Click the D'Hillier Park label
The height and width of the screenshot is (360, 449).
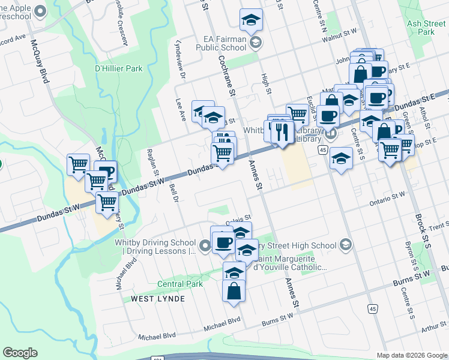(x=119, y=68)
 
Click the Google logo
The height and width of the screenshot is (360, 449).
(x=20, y=353)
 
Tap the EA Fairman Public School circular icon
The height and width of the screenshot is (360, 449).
(x=256, y=41)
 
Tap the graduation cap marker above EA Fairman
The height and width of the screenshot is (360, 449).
(x=250, y=19)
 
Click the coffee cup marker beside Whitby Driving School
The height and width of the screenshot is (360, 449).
(x=223, y=242)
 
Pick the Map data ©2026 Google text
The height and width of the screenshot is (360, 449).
(x=411, y=355)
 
